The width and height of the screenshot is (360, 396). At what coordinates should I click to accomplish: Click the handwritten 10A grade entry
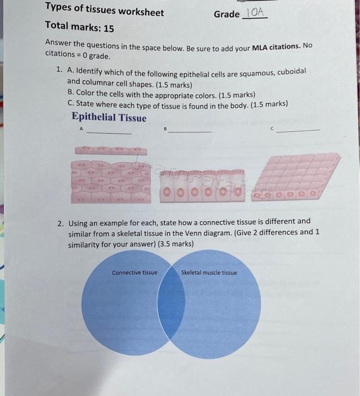point(255,12)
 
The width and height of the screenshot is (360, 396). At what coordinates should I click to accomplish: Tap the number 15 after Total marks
point(109,28)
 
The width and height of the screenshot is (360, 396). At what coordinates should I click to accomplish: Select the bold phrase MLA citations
point(276,47)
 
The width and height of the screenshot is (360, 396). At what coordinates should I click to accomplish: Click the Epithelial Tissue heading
point(109,118)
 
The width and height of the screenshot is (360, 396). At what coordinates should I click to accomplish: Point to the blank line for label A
point(109,133)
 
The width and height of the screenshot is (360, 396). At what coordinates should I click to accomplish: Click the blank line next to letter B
point(190,132)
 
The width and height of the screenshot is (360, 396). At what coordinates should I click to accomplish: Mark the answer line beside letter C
point(298,131)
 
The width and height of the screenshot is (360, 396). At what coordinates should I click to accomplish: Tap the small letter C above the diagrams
point(272,128)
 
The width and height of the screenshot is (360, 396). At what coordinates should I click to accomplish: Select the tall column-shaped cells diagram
point(202,186)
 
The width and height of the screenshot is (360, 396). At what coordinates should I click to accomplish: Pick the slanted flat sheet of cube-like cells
point(296,177)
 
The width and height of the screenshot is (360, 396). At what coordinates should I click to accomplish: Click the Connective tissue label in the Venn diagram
point(135,273)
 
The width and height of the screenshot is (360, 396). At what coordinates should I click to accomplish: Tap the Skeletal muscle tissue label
point(209,273)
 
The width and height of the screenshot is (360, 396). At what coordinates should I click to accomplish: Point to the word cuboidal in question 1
point(292,71)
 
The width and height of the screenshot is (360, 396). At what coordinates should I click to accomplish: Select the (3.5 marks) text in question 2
point(175,244)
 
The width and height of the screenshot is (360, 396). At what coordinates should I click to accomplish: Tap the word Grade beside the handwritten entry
point(226,14)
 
